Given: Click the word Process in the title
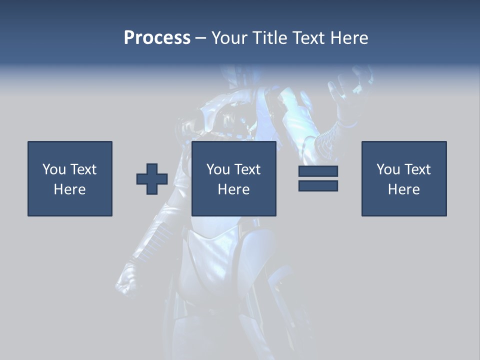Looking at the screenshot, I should pyautogui.click(x=157, y=38).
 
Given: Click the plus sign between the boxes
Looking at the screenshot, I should pyautogui.click(x=152, y=179).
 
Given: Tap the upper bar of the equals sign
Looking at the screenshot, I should pyautogui.click(x=318, y=171).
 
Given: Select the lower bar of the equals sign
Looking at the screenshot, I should pyautogui.click(x=318, y=185).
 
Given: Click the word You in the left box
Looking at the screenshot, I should pyautogui.click(x=54, y=169).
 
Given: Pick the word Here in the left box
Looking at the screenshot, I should pyautogui.click(x=69, y=189).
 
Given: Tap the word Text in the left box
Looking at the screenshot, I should pyautogui.click(x=83, y=169).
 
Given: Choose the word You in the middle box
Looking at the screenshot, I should pyautogui.click(x=218, y=169).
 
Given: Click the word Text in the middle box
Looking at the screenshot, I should pyautogui.click(x=247, y=169).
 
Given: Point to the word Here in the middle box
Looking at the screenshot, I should pyautogui.click(x=233, y=189).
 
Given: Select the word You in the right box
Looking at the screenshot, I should pyautogui.click(x=388, y=169).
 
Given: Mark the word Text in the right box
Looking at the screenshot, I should pyautogui.click(x=417, y=169).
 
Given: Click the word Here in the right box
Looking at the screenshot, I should pyautogui.click(x=403, y=189).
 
